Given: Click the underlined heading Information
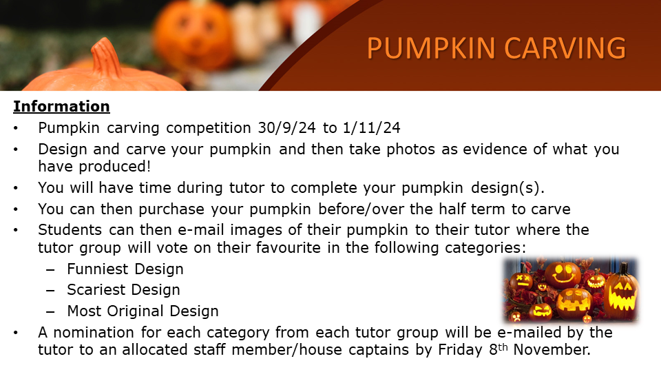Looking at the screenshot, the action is coord(61,106).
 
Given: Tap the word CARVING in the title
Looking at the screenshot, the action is coord(565,48).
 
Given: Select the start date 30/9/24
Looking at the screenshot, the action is coord(286,128).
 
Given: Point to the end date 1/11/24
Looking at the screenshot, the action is coord(371,128).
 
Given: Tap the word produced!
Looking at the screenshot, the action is coord(115,167).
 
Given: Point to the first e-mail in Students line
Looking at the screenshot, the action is coord(201,230).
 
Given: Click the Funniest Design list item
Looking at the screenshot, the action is coord(125,269).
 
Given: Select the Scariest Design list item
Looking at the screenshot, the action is coord(123,290).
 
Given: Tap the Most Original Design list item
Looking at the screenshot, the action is coord(143,311).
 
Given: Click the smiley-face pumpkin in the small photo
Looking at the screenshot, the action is coord(563,275).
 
